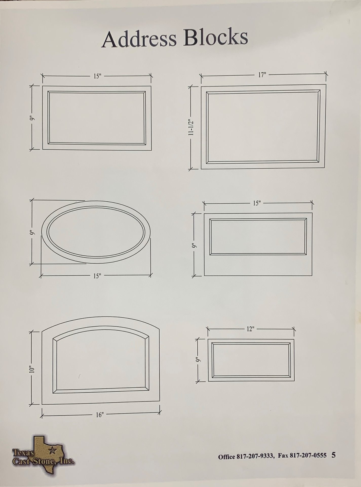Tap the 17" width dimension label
[x=262, y=75]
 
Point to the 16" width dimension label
[x=100, y=415]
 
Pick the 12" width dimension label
[x=250, y=329]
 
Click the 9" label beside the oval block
[x=32, y=233]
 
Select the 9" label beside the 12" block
[x=198, y=360]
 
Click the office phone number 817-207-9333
[x=255, y=456]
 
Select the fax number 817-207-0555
[x=308, y=456]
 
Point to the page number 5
[x=333, y=455]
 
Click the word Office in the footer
[x=226, y=456]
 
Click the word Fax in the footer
[x=283, y=456]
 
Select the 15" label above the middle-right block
[x=257, y=203]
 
